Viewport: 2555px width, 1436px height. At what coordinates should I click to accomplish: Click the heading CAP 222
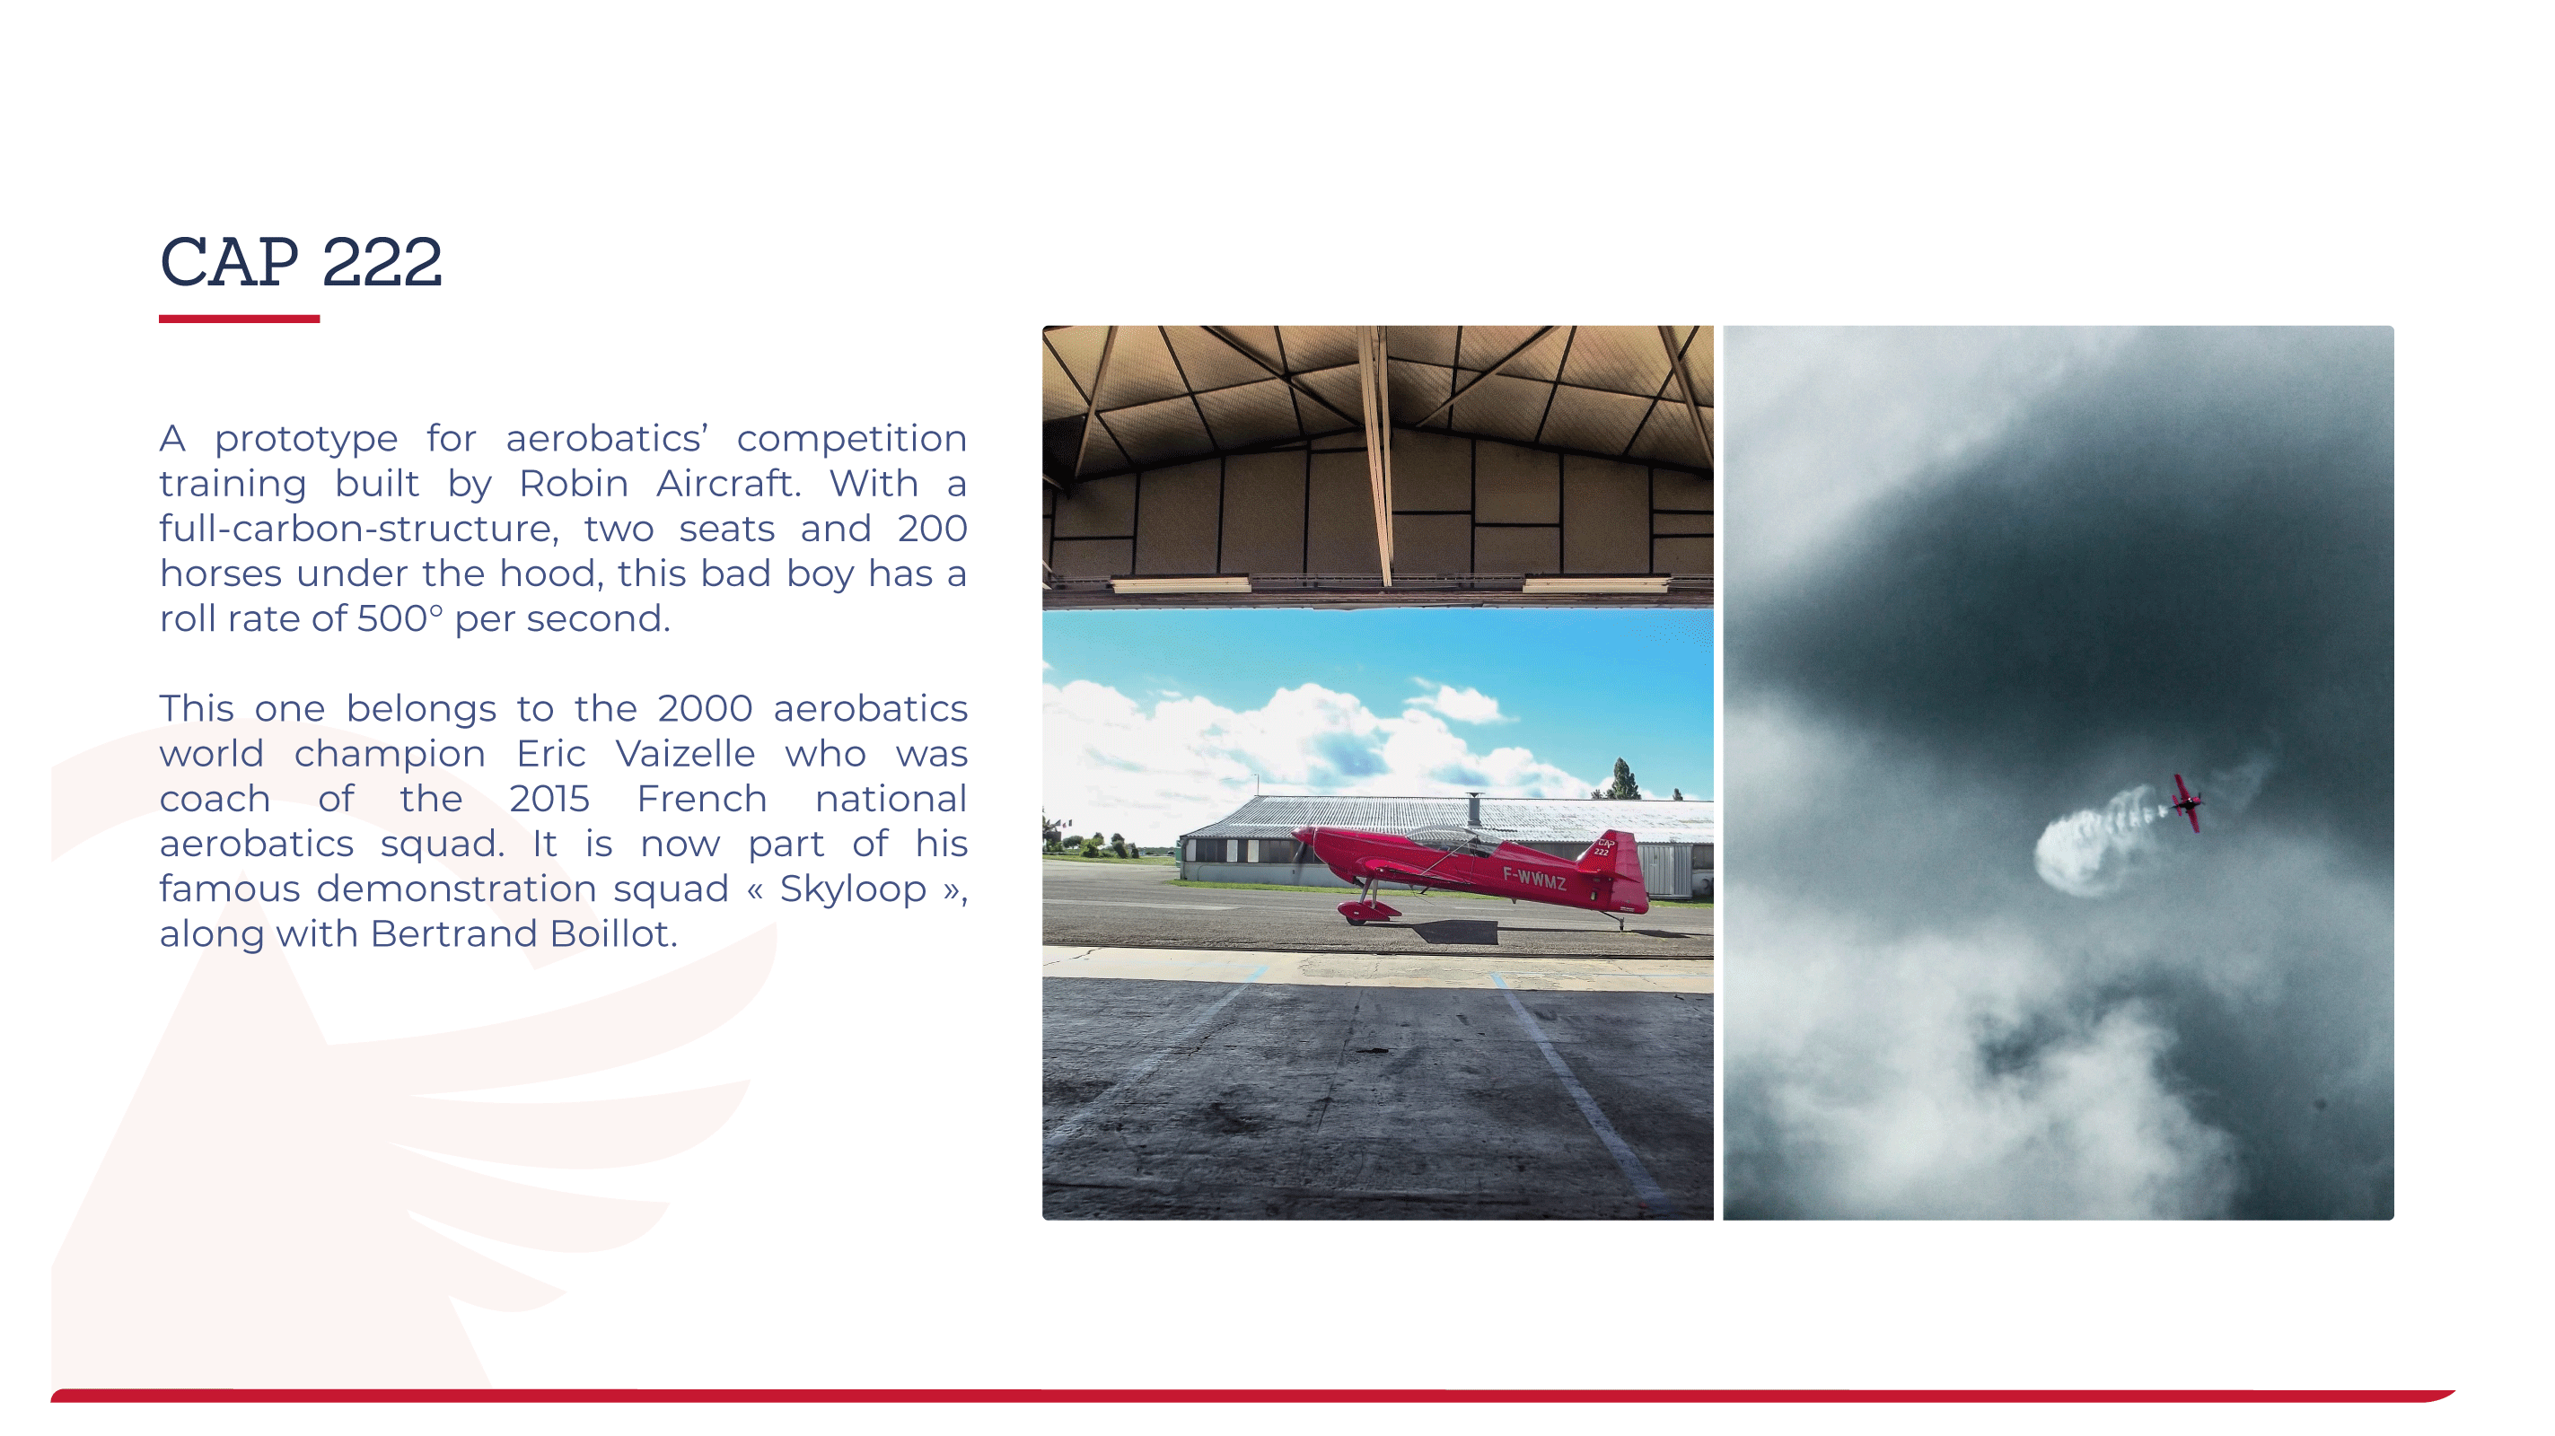click(x=301, y=262)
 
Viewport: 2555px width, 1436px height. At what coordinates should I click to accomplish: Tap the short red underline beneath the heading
click(x=239, y=319)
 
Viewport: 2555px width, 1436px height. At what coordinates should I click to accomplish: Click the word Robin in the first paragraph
click(x=574, y=483)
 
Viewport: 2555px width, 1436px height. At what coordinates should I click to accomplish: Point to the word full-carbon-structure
click(x=358, y=529)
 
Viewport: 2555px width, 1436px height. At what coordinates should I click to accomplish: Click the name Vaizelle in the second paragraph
click(x=685, y=753)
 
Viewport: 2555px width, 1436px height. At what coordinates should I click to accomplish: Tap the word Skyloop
click(x=853, y=889)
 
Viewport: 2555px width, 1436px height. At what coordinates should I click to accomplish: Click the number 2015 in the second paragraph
click(x=549, y=799)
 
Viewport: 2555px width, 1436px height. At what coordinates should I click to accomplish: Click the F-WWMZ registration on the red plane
click(x=1534, y=878)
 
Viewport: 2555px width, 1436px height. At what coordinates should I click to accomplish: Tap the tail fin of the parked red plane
click(x=1611, y=854)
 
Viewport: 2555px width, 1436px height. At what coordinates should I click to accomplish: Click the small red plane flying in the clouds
click(x=2188, y=802)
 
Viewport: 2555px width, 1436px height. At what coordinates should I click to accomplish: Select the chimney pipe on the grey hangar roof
click(x=1474, y=810)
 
